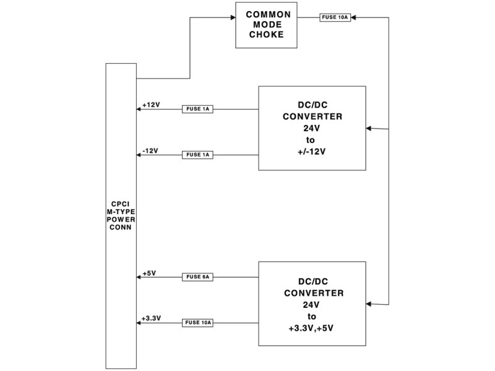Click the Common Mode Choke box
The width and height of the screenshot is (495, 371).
tap(266, 25)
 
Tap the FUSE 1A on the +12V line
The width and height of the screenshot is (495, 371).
tap(197, 109)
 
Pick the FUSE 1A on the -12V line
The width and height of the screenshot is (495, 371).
tap(197, 154)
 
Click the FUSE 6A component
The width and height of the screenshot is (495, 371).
tap(197, 277)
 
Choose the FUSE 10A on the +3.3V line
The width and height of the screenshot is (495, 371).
tap(197, 322)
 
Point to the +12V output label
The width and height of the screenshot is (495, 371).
tap(151, 104)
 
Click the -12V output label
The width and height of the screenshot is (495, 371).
tap(150, 150)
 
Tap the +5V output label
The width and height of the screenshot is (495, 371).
tap(148, 273)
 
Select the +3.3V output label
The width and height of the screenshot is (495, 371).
tap(151, 318)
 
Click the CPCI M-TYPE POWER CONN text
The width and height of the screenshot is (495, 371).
tap(121, 215)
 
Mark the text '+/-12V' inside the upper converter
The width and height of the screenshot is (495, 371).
tap(311, 150)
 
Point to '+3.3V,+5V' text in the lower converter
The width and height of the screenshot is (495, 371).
tap(311, 327)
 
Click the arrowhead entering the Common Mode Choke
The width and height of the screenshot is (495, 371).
tap(233, 17)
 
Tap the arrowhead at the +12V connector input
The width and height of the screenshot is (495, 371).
tap(139, 109)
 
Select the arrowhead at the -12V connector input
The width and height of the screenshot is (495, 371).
tap(139, 154)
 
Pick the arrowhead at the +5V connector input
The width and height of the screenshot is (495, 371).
tap(139, 277)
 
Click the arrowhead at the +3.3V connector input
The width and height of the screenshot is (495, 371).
tap(139, 322)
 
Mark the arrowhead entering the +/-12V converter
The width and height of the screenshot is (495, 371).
tap(369, 129)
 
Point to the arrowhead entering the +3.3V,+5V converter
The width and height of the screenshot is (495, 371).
tap(369, 304)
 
